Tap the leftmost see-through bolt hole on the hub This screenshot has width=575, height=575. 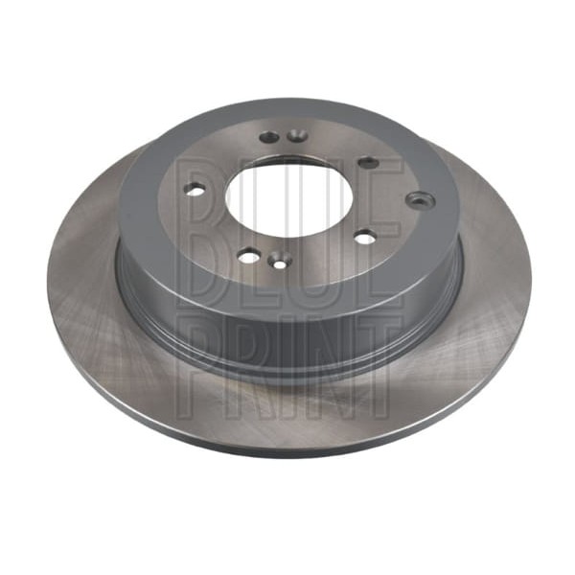point(195,190)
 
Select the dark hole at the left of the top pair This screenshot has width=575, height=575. point(268,137)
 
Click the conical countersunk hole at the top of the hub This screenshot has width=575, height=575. point(296,135)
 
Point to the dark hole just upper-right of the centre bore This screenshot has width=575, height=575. point(368,162)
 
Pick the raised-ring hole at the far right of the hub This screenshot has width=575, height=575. point(421,200)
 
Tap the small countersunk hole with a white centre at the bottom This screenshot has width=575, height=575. point(279,262)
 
